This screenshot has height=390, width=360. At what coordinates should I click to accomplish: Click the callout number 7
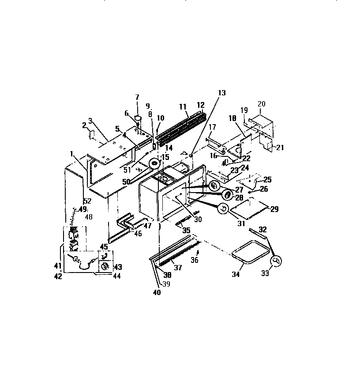[137, 97]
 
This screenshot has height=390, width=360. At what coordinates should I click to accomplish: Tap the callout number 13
[221, 93]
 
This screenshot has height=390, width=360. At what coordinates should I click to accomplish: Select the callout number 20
[261, 104]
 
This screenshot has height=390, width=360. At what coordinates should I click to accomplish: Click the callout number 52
[87, 201]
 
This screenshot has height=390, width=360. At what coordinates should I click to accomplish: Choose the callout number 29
[274, 209]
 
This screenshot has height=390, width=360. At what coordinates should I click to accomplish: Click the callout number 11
[183, 106]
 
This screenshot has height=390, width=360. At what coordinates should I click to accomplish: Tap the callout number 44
[117, 276]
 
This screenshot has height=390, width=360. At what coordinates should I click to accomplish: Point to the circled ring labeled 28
[228, 195]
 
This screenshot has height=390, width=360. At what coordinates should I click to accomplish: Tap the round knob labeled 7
[137, 118]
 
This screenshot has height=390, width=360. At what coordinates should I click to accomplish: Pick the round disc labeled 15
[154, 165]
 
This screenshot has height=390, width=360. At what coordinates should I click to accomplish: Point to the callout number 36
[195, 260]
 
